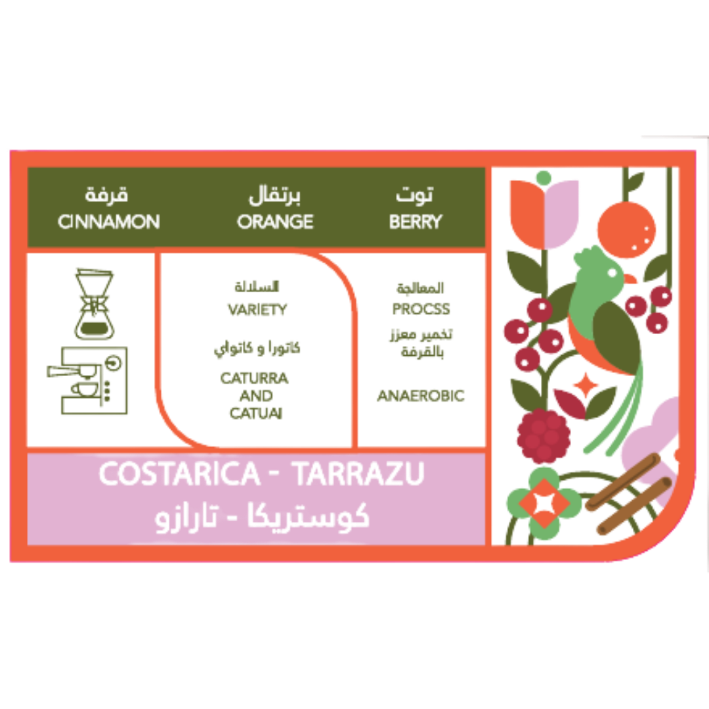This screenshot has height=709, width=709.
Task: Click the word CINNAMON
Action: (x=109, y=222)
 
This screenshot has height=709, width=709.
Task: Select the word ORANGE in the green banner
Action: (x=275, y=222)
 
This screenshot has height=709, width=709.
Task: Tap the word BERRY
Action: (x=416, y=222)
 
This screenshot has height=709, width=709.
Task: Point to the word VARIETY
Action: (x=257, y=309)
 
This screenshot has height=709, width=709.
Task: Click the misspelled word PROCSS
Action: (x=421, y=309)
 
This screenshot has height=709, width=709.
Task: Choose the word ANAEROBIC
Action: (x=421, y=396)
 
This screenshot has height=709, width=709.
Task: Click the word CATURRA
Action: (x=255, y=378)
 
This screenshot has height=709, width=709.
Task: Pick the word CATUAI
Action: (x=256, y=414)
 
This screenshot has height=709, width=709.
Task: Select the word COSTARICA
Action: (x=179, y=473)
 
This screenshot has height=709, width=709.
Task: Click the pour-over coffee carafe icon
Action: (x=94, y=303)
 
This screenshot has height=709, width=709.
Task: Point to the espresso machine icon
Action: (x=88, y=380)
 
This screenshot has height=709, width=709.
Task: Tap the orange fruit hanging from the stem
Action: (x=626, y=230)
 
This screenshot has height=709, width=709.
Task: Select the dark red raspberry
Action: (x=544, y=435)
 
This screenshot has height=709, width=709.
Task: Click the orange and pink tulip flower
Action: (x=544, y=214)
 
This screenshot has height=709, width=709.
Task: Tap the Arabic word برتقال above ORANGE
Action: (x=274, y=195)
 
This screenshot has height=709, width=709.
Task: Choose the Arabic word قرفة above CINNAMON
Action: (x=107, y=194)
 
